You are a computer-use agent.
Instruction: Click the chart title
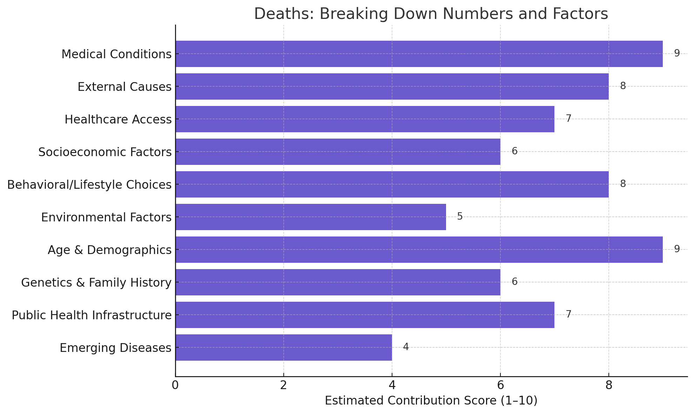[431, 14]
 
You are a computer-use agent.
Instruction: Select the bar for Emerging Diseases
[283, 347]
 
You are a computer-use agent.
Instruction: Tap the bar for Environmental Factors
[310, 217]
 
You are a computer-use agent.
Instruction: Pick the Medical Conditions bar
[419, 54]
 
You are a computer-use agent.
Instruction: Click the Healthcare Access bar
[365, 119]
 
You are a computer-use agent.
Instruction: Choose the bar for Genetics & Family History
[338, 282]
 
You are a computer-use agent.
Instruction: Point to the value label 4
[406, 347]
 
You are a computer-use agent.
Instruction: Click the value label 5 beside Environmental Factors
[460, 216]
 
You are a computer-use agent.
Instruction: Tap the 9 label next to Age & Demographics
[676, 249]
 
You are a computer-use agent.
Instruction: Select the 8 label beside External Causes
[622, 86]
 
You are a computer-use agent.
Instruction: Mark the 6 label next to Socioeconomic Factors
[514, 151]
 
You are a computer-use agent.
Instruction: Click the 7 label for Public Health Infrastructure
[568, 314]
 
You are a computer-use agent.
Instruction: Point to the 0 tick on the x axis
[175, 385]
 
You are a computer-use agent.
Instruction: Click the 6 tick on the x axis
[500, 385]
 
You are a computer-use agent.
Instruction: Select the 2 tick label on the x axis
[283, 385]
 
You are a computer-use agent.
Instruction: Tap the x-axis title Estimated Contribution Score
[431, 401]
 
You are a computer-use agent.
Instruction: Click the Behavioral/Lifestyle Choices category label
[89, 185]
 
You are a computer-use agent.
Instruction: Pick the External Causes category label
[124, 87]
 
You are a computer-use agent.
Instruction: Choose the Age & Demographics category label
[109, 250]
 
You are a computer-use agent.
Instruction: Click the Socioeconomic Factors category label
[105, 152]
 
